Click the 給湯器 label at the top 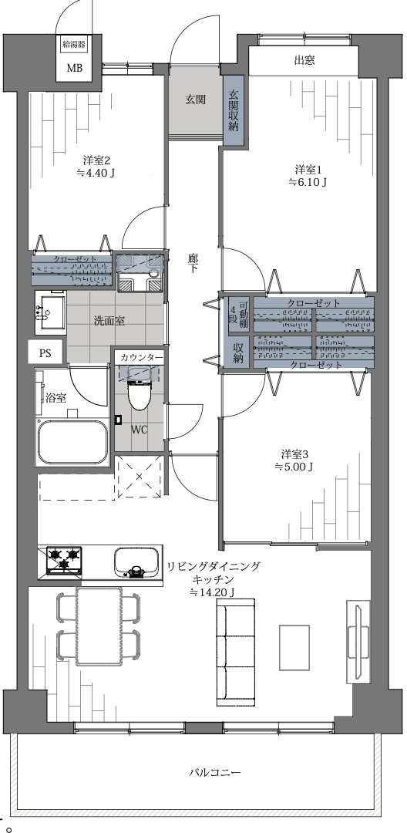click(74, 45)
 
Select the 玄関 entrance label click(195, 99)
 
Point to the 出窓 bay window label click(304, 60)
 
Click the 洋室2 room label click(96, 160)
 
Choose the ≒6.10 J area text click(308, 182)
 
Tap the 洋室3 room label click(295, 454)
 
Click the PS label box click(45, 352)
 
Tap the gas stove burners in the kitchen click(64, 560)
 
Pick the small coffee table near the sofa click(294, 648)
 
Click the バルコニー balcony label click(215, 772)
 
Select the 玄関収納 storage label click(233, 110)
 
